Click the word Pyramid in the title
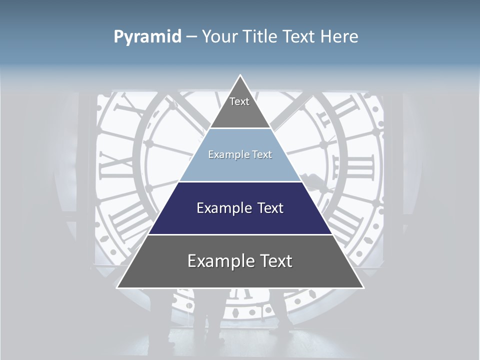pos(147,37)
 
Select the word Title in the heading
pos(262,36)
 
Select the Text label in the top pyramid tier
pos(239,101)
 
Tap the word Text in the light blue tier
pos(261,155)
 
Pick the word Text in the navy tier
pos(270,208)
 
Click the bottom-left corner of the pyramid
pos(117,287)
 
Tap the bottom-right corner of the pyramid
pos(363,287)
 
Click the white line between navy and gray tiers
pos(240,234)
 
